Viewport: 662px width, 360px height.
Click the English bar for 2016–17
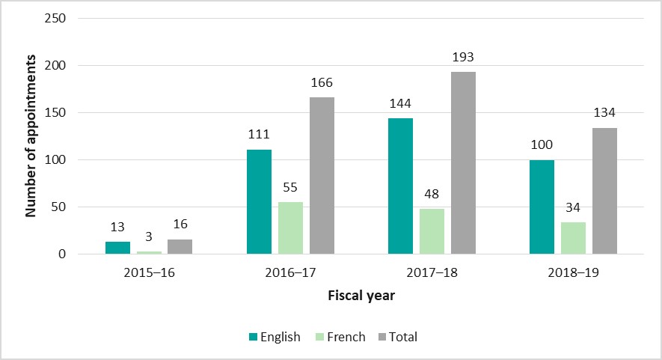coord(259,202)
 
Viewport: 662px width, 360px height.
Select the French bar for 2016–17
coord(290,228)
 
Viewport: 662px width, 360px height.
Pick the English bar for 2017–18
coord(400,186)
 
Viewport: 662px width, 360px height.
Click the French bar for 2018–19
coord(573,238)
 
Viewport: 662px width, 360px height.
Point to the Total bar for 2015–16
coord(180,247)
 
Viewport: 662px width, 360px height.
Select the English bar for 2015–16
coord(117,248)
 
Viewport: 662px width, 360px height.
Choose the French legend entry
coord(339,337)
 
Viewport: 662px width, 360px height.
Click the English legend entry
coord(274,337)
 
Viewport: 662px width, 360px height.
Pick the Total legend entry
coord(396,337)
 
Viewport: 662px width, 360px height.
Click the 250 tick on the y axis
coord(56,18)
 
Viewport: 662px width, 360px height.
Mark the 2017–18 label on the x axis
coord(432,273)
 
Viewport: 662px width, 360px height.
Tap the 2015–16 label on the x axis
coord(149,273)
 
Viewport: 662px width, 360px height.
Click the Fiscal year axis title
coord(361,296)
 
